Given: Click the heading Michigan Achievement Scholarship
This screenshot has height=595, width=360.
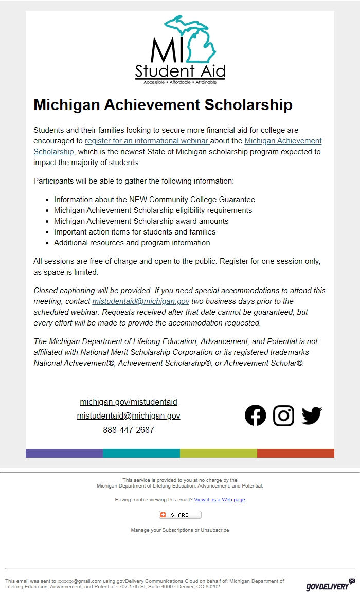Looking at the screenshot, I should click(x=163, y=104).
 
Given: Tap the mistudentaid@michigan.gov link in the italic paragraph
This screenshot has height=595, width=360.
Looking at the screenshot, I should click(x=141, y=301).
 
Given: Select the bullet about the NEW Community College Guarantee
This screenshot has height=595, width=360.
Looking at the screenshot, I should click(x=154, y=200).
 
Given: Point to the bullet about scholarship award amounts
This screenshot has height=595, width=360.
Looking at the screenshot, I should click(x=141, y=221).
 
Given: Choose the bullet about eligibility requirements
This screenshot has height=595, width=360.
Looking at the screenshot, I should click(x=153, y=210).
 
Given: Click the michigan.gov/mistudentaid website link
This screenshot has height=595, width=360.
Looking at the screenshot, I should click(x=129, y=402).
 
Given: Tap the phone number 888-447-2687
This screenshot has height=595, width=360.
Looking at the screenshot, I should click(x=129, y=430).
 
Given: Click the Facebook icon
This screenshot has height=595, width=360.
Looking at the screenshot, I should click(x=255, y=416).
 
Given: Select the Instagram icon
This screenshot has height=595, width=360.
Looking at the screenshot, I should click(x=283, y=416).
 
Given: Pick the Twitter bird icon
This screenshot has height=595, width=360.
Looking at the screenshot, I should click(x=312, y=416).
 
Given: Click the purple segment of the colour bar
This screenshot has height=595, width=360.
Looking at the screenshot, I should click(x=64, y=453).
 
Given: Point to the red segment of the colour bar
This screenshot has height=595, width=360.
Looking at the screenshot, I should click(x=296, y=453).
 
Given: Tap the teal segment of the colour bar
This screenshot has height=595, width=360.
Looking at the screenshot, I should click(x=141, y=453).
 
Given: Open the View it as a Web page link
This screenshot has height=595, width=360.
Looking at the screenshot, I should click(x=220, y=500).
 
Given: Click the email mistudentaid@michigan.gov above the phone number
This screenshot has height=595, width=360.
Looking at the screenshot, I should click(x=129, y=416).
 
